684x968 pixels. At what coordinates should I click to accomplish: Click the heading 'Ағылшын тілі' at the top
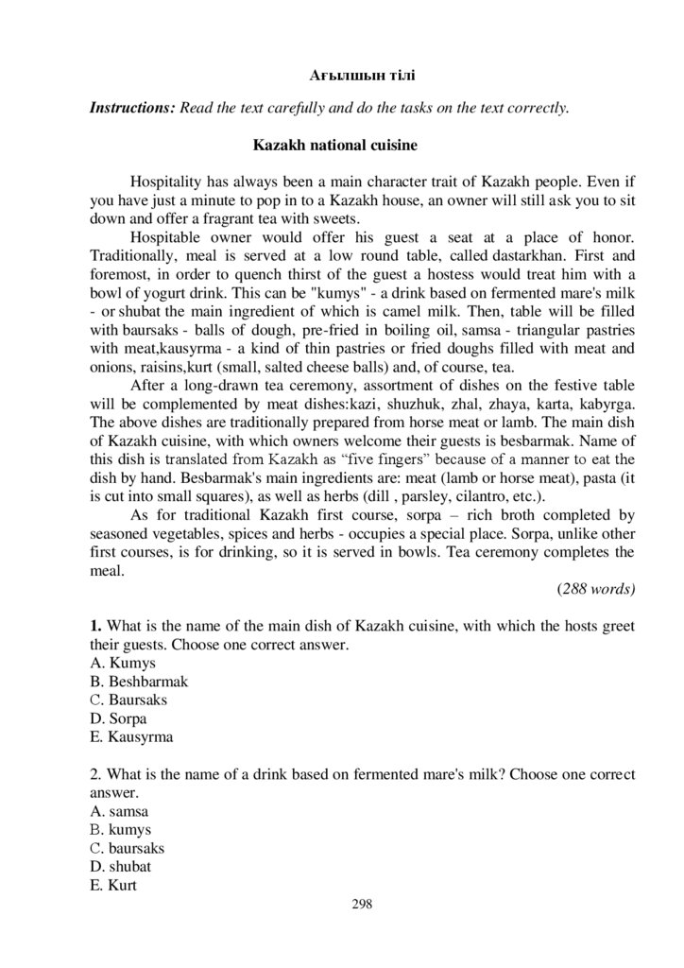[363, 74]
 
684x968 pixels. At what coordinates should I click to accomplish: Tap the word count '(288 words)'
[596, 587]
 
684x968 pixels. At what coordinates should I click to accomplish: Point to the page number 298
[362, 905]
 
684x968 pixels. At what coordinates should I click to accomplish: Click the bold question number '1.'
[95, 626]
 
